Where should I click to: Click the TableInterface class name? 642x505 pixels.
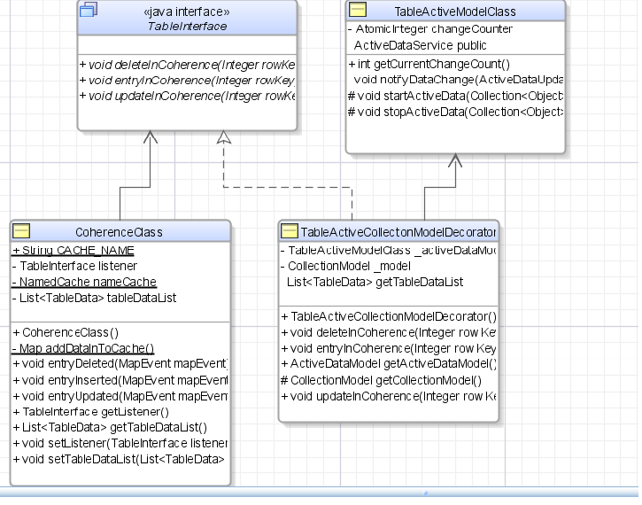point(187,27)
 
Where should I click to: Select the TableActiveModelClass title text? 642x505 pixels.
point(455,12)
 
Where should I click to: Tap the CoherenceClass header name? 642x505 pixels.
point(119,232)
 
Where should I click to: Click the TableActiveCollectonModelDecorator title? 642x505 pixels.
point(398,232)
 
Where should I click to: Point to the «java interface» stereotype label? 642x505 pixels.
point(187,12)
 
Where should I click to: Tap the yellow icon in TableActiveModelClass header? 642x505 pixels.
point(358,11)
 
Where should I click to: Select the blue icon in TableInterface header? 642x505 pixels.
point(89,11)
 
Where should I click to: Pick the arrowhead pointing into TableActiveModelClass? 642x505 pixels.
point(455,160)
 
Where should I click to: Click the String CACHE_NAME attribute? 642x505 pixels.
point(73,251)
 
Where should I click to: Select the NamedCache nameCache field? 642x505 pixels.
point(84,282)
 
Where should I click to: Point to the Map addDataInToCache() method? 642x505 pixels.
point(83,348)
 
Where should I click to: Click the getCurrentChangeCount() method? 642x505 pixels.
point(429,63)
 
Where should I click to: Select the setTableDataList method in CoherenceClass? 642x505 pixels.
point(119,459)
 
